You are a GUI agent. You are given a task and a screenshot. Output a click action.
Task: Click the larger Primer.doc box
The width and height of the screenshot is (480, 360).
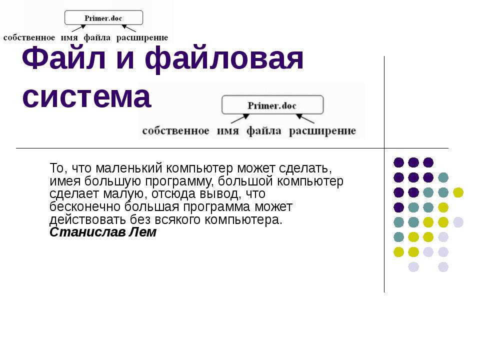272,105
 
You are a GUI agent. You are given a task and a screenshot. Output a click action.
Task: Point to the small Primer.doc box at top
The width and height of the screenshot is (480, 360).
103,18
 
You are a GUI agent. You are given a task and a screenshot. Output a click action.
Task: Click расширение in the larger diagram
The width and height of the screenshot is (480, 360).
322,131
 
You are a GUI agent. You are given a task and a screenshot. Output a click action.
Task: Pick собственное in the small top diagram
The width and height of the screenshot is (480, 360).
29,37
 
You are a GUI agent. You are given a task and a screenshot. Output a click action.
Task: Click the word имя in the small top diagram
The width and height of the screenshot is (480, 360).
69,37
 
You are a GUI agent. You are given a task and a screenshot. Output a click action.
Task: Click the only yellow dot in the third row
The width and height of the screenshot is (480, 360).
458,192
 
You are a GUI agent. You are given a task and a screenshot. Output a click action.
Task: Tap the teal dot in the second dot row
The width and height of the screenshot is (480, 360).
443,177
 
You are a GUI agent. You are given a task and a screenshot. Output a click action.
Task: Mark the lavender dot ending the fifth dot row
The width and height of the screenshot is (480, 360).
458,222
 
